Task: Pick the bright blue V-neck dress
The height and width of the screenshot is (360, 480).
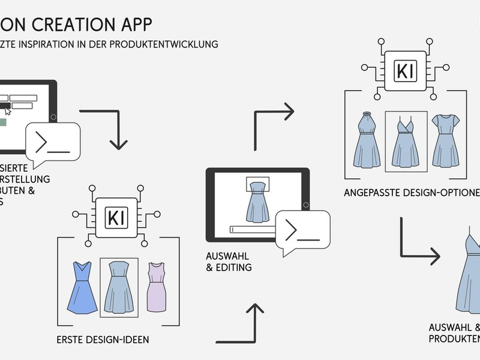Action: click(82, 287)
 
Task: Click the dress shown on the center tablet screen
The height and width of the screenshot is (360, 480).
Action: click(257, 201)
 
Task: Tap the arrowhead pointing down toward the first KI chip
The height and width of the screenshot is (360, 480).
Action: click(119, 144)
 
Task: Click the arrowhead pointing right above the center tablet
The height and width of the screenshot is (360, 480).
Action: click(289, 111)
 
